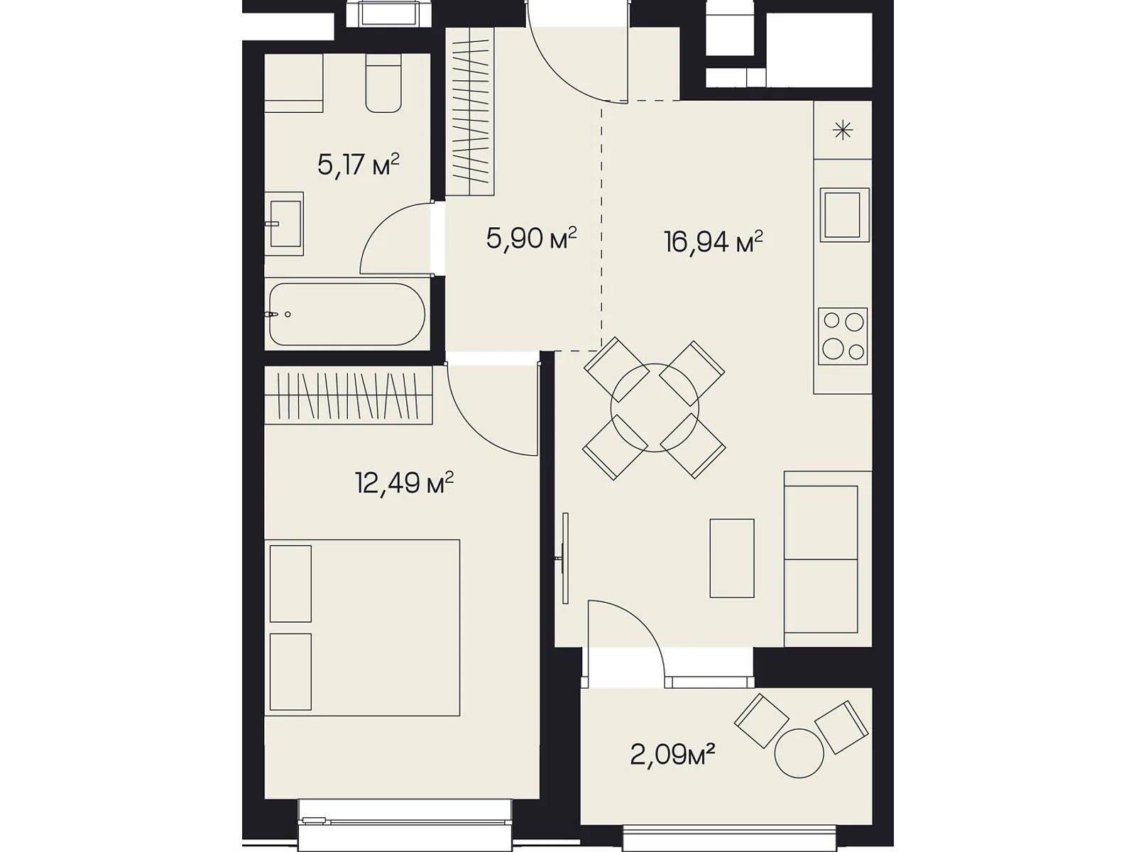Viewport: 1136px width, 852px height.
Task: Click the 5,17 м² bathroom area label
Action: (358, 165)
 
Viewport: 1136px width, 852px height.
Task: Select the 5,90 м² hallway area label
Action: (532, 239)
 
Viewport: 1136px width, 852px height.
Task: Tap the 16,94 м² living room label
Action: (714, 242)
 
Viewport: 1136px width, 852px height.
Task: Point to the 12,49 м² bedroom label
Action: (404, 483)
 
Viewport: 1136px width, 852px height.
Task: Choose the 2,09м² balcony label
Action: (672, 755)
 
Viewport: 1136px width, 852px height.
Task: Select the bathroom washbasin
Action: (284, 224)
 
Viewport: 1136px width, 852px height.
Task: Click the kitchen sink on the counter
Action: (844, 214)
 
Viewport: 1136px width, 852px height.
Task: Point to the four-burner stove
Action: (843, 337)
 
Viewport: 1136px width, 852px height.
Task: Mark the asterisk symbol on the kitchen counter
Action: (843, 130)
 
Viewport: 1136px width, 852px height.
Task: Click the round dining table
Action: (655, 408)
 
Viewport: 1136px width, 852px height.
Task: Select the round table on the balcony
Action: (799, 753)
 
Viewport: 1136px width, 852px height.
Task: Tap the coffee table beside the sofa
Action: (732, 558)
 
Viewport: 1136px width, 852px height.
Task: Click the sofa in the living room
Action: (828, 559)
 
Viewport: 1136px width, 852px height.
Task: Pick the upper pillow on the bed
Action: (290, 584)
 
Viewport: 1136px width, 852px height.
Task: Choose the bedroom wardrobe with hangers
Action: (349, 395)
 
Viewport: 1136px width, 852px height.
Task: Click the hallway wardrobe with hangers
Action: (470, 111)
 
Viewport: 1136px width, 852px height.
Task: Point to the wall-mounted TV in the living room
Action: (564, 558)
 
